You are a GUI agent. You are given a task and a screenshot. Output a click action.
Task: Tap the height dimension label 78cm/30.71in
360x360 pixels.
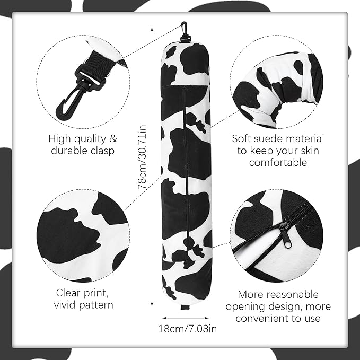pos(142,157)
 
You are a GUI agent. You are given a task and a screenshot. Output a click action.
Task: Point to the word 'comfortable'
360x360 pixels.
pos(278,163)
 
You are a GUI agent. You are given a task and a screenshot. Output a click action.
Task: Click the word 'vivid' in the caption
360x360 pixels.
pos(66,305)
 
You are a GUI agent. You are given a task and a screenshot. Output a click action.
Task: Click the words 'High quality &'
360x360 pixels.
pos(83,139)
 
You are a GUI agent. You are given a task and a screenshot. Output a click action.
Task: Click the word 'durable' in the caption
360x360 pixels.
pos(69,151)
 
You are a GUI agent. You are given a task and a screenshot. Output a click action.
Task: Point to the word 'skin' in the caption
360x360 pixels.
pos(313,151)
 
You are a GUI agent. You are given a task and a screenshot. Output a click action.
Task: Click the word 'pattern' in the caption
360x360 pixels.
pos(96,305)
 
